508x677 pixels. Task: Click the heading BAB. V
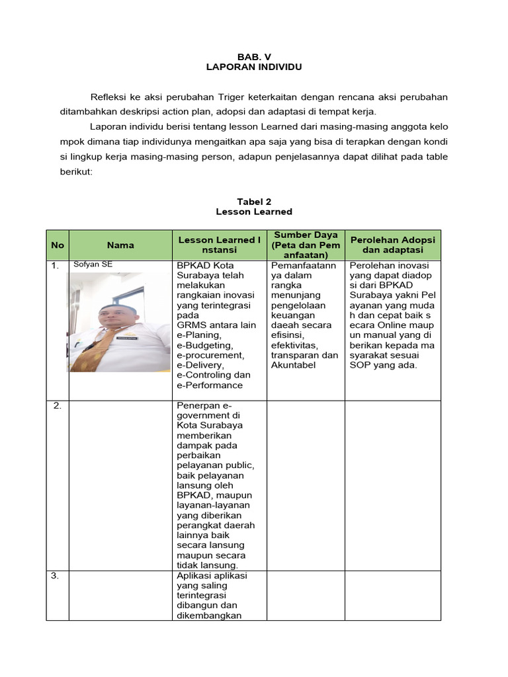[x=254, y=57]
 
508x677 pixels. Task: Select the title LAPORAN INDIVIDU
[x=254, y=67]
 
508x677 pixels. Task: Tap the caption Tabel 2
[x=254, y=201]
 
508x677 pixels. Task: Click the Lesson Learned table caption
[x=254, y=212]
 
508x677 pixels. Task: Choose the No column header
[x=58, y=245]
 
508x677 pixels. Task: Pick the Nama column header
[x=120, y=245]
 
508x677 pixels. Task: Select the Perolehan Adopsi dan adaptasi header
[x=392, y=245]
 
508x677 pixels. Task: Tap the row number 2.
[x=57, y=406]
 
